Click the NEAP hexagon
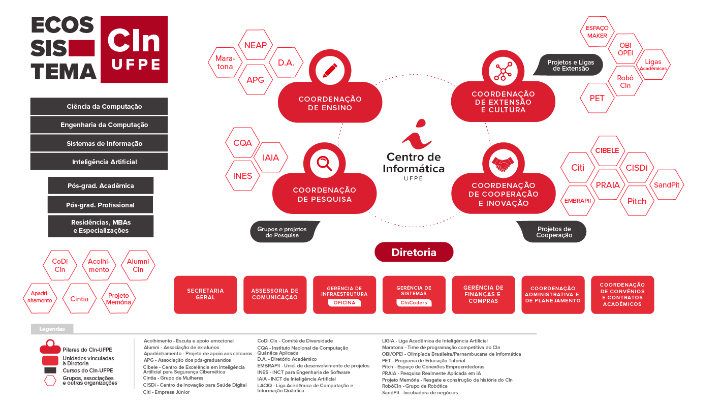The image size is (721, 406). point(256,45)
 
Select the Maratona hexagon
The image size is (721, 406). point(225,63)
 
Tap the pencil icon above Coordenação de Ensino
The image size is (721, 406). point(330,70)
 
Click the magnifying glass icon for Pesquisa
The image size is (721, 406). point(324,163)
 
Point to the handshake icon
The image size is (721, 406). point(503,164)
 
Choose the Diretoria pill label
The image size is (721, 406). point(414,252)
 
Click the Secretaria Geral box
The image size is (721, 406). point(205,294)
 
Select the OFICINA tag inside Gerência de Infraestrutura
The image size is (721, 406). point(344,303)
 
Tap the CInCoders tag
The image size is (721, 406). point(414,303)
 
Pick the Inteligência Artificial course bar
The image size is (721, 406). point(99,162)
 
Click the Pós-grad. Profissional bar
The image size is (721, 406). point(100,205)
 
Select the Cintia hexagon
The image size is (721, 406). point(79,299)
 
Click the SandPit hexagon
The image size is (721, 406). point(667,185)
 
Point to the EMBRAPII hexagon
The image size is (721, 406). point(578,200)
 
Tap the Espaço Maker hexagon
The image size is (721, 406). point(597,32)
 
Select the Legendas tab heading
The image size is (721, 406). point(52,329)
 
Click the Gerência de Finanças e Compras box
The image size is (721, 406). point(483,294)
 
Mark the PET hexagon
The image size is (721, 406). point(597,98)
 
